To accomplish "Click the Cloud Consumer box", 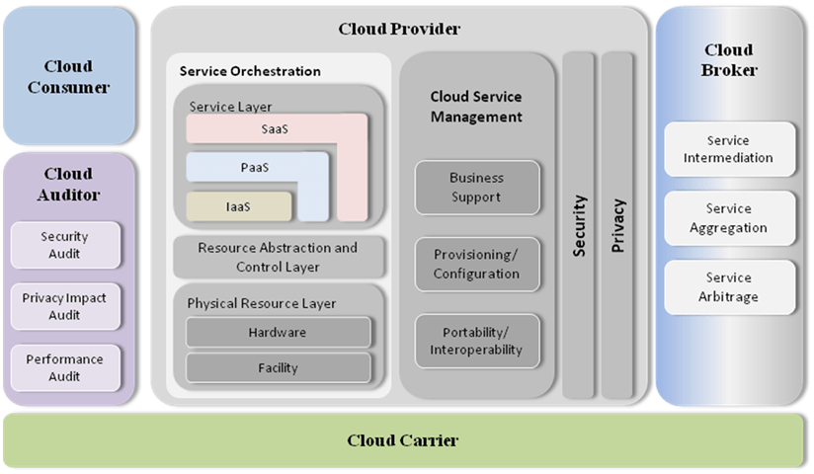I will coord(69,77).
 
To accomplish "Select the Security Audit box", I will coord(65,245).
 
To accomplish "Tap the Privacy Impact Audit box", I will coord(65,305).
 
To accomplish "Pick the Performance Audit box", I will coord(65,368).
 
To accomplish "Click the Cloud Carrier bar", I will coord(403,440).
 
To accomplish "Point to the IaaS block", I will coord(239,206).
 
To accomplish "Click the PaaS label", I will coord(255,167).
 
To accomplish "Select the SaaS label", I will coord(276,129).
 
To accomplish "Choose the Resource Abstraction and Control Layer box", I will coord(278,257).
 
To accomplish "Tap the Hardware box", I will coord(278,333).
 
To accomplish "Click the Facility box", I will coord(278,367).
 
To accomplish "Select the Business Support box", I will coord(477,188).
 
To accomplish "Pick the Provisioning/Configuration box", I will coord(477,265).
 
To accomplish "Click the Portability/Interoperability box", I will coord(477,341).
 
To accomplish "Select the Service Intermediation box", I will coord(729,149).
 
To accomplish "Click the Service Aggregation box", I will coord(729,218).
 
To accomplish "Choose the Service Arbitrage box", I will coord(729,287).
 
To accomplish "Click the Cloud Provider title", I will coord(399,29).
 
